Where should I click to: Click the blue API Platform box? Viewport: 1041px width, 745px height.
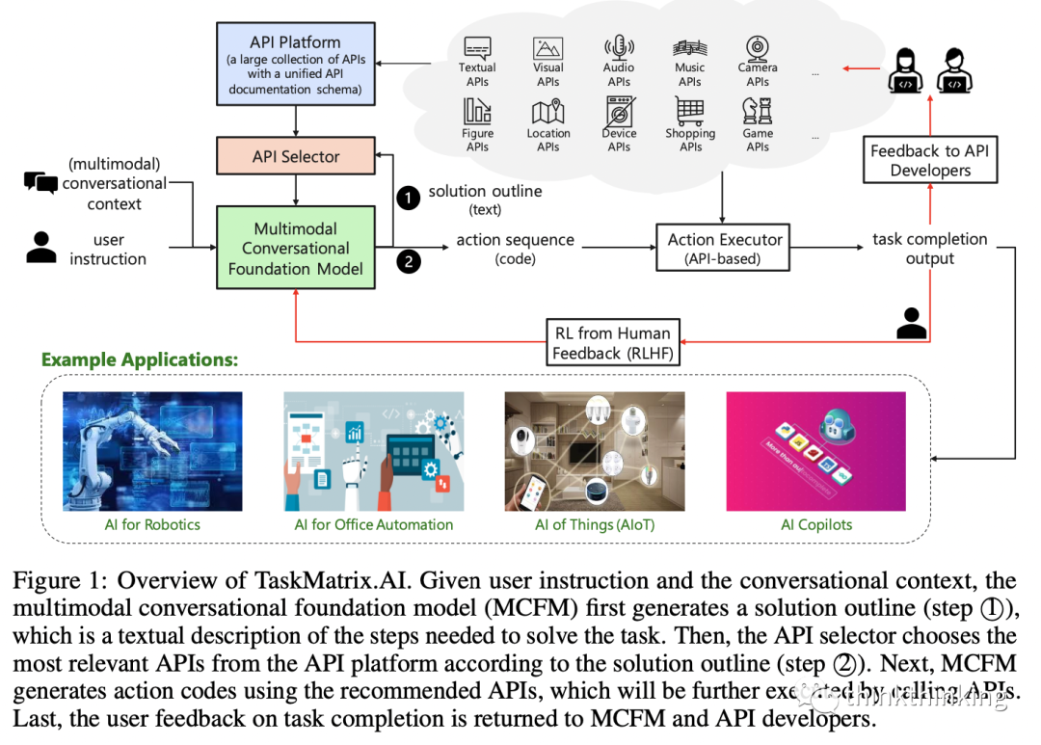coord(295,66)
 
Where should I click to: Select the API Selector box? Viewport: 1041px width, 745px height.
coord(295,157)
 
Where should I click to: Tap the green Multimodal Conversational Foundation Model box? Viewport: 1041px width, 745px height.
coord(295,249)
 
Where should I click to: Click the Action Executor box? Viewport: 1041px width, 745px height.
coord(725,249)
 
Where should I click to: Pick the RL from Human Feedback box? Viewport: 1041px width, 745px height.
coord(612,343)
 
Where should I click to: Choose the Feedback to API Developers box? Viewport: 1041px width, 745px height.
coord(929,160)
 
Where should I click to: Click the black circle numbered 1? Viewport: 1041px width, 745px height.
coord(409,197)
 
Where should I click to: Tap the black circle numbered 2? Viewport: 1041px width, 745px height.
coord(409,260)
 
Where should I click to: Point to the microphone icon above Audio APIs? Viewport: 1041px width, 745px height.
coord(619,47)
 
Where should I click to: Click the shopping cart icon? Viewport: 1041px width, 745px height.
coord(689,112)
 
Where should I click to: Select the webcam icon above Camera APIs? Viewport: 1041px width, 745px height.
coord(758,47)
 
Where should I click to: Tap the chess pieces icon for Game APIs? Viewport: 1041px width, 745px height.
coord(758,112)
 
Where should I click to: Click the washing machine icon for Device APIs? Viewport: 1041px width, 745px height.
coord(619,112)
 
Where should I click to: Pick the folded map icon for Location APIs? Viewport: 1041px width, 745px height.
coord(547,112)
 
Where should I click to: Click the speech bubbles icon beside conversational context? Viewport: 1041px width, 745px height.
coord(40,182)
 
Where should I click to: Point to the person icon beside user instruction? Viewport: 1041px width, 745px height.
coord(40,247)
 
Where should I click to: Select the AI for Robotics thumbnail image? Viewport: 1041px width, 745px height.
coord(152,451)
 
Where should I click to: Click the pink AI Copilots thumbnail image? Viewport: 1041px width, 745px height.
coord(815,451)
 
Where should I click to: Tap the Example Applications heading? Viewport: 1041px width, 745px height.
coord(139,360)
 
